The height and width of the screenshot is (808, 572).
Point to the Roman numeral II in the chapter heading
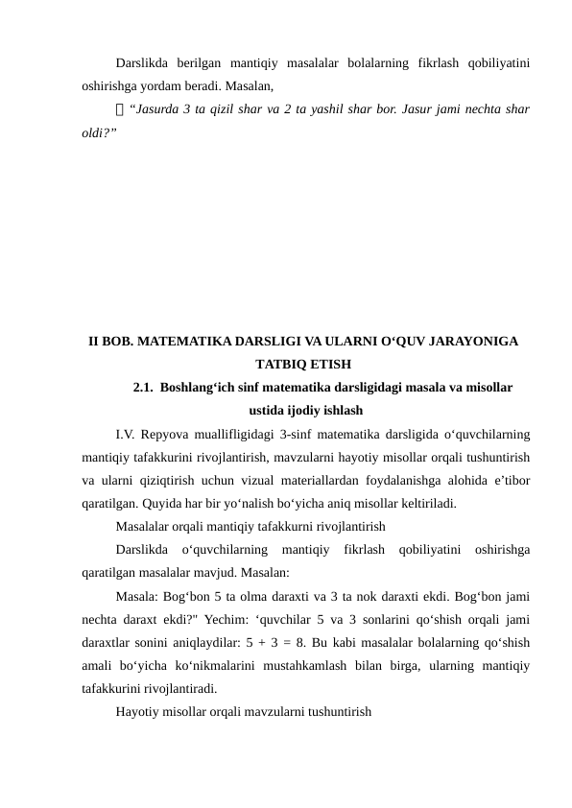[94, 341]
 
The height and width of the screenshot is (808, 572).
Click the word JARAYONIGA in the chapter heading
[471, 341]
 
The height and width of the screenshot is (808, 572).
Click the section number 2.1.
[143, 388]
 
